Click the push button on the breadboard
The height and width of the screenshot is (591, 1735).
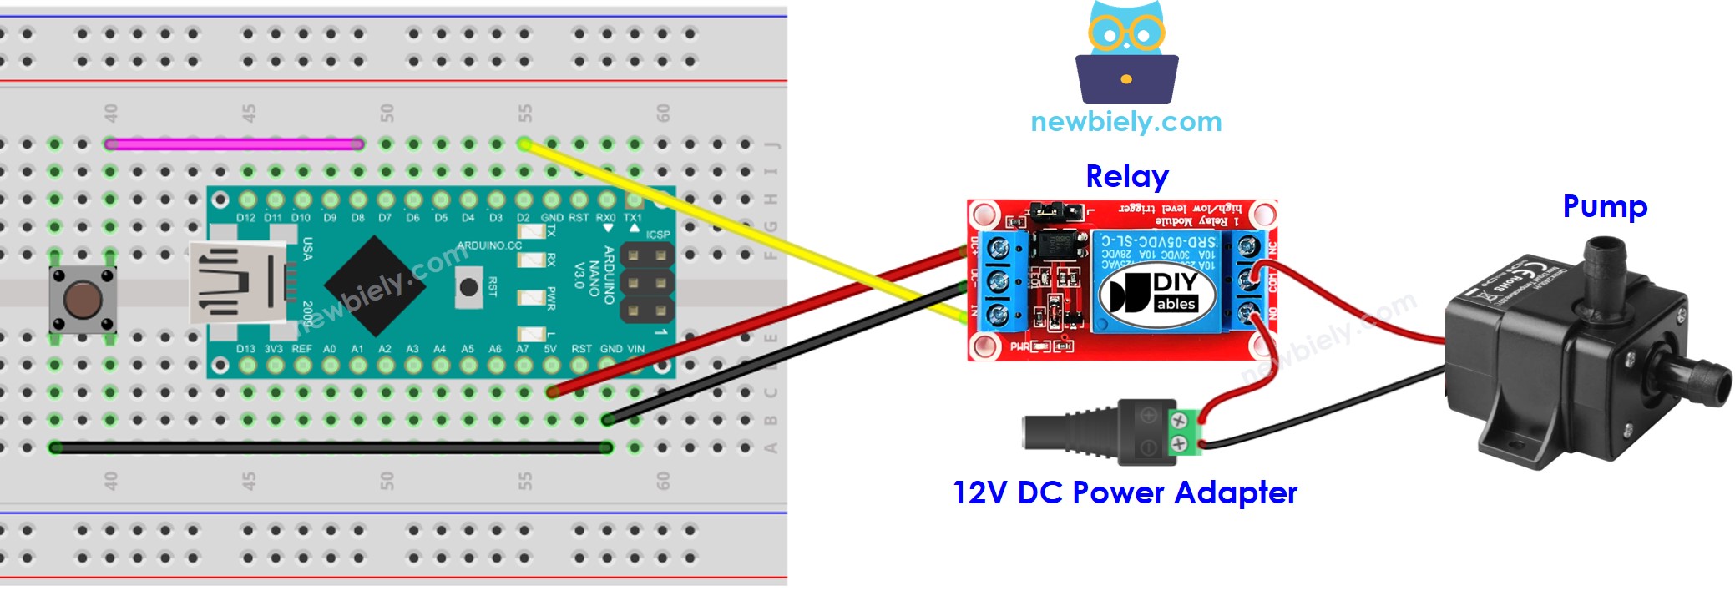point(81,300)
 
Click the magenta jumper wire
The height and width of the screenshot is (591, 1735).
point(234,144)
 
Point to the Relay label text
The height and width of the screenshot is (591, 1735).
point(1126,177)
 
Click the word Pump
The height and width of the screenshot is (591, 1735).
point(1604,206)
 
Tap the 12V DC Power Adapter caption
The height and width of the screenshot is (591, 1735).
point(1125,492)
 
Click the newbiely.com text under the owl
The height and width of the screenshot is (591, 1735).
point(1125,122)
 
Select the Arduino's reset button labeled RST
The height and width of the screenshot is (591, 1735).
point(469,288)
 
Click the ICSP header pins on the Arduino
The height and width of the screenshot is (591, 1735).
point(647,283)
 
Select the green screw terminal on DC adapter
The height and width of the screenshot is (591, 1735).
point(1180,432)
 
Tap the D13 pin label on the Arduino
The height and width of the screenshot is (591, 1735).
point(245,349)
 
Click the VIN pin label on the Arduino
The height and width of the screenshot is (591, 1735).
point(635,349)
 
